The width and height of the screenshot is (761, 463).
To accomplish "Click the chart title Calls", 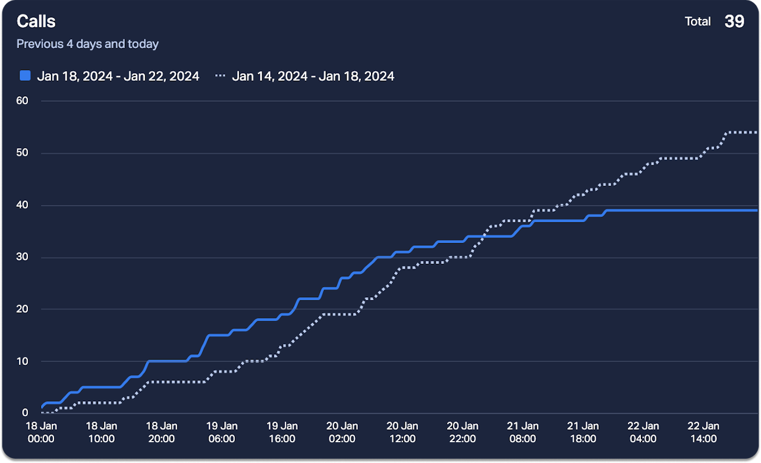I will tap(36, 21).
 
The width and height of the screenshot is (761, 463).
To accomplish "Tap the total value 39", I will tap(734, 21).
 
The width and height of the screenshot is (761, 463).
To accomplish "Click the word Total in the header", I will tap(697, 22).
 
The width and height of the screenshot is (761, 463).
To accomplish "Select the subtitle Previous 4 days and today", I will tap(87, 44).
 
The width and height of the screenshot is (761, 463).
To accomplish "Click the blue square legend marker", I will tap(25, 75).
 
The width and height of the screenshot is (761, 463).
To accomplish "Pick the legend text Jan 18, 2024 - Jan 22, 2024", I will tap(118, 76).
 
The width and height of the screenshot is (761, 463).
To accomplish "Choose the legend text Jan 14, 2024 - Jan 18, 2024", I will tap(313, 76).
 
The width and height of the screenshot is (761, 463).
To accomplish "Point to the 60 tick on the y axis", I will tap(22, 100).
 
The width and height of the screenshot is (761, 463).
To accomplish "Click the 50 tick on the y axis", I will tap(22, 153).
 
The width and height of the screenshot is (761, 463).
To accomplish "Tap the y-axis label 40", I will tap(22, 205).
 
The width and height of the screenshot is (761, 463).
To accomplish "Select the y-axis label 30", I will tap(22, 257).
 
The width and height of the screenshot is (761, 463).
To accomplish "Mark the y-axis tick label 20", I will tap(22, 309).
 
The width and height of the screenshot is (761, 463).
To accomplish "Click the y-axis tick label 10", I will tap(22, 361).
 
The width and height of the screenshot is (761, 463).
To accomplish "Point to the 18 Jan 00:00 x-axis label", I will tap(42, 432).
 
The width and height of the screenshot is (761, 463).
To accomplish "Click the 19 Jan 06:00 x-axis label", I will tap(222, 432).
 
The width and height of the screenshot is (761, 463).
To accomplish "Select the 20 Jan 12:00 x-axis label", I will tap(402, 432).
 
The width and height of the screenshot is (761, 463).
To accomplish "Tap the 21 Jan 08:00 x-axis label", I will tap(523, 432).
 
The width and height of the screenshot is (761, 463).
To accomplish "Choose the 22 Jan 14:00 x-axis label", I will tap(703, 432).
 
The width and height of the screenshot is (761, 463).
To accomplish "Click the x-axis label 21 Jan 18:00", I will tap(583, 432).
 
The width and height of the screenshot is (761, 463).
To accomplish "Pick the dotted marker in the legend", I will tap(221, 76).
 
